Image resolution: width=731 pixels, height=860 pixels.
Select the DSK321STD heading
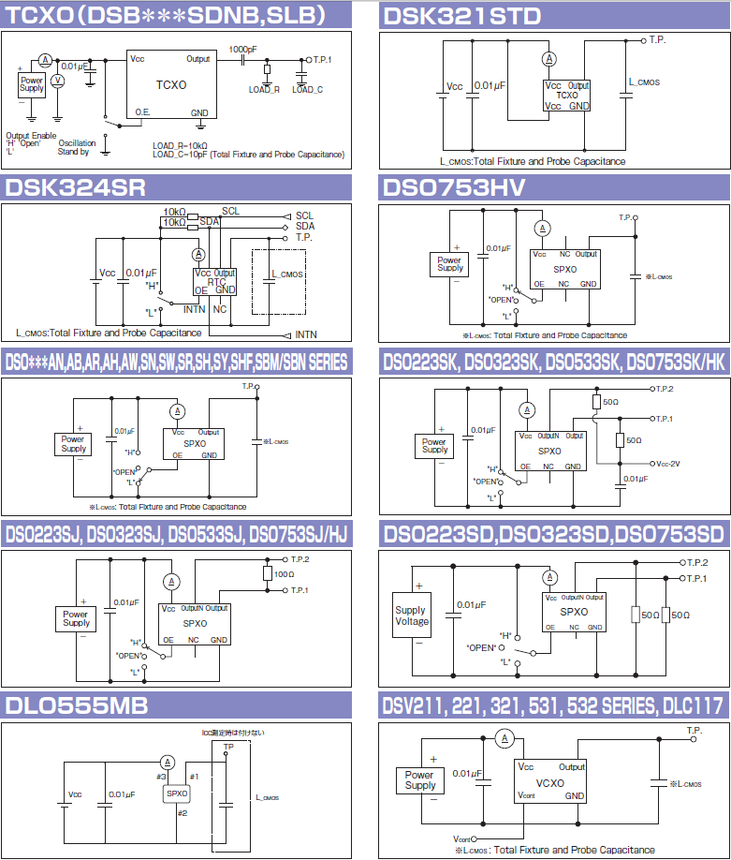[462, 14]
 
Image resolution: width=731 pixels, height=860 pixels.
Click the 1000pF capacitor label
[243, 49]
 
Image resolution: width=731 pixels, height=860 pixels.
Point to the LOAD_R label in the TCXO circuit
[264, 90]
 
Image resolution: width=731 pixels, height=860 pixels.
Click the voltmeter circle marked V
[57, 82]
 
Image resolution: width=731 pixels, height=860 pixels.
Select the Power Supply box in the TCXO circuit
[32, 84]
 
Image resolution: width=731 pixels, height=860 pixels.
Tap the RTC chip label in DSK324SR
[216, 281]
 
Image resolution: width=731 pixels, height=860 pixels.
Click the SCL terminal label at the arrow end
[304, 215]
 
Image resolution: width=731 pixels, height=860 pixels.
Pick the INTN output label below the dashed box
[306, 334]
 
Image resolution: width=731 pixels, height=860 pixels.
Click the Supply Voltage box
[412, 615]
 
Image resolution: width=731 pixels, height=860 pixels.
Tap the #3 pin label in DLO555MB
[161, 777]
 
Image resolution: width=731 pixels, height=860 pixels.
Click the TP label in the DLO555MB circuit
[229, 747]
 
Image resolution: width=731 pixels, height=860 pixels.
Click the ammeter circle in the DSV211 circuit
[503, 739]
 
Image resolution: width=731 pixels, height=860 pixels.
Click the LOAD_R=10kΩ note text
[180, 145]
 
